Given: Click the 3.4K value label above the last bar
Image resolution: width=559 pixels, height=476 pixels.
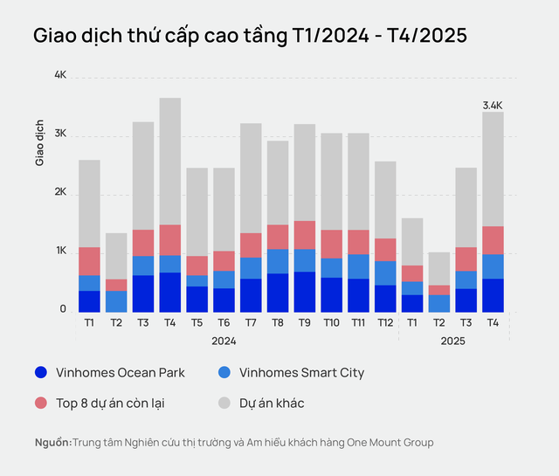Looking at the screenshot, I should pos(493,105).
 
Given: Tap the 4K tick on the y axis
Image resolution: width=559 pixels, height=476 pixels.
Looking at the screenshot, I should pos(60,76).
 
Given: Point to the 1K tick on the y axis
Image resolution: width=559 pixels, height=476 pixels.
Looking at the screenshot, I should pos(60,251).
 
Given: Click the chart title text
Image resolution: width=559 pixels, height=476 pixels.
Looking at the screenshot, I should pos(250,36).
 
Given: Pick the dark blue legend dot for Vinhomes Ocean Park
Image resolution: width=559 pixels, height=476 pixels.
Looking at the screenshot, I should pos(41,372).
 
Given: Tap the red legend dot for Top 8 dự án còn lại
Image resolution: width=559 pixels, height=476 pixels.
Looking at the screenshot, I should pos(41,403).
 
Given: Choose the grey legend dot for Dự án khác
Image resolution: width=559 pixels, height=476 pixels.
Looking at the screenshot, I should pos(224,403).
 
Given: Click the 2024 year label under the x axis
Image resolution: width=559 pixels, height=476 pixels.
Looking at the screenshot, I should pos(224,341).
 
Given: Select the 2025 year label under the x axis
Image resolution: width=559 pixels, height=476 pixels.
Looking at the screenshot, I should pos(452,341).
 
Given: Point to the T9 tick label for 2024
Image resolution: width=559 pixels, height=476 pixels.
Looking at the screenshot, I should pos(305,322).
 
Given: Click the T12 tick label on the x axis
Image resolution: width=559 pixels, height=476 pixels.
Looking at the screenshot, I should pos(385,322).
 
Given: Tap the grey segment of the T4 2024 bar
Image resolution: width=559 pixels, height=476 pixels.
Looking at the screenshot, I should pos(170,161).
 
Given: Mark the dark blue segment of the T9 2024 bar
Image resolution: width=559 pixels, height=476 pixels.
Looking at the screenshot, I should pos(305,292).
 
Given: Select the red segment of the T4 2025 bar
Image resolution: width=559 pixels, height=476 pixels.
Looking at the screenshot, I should pos(493,240).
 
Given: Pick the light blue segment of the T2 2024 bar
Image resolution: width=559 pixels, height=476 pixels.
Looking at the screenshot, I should pos(116,301).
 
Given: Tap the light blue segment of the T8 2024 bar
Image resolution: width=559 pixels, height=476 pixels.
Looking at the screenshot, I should pos(278,261).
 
